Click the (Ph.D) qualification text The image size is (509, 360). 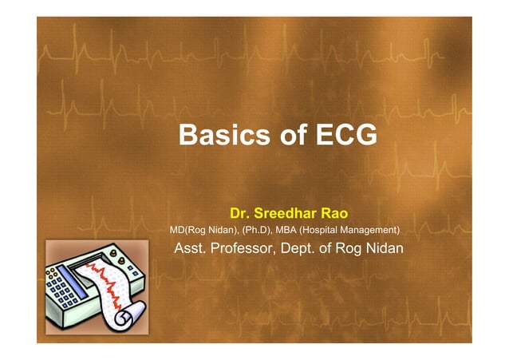[255, 230]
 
